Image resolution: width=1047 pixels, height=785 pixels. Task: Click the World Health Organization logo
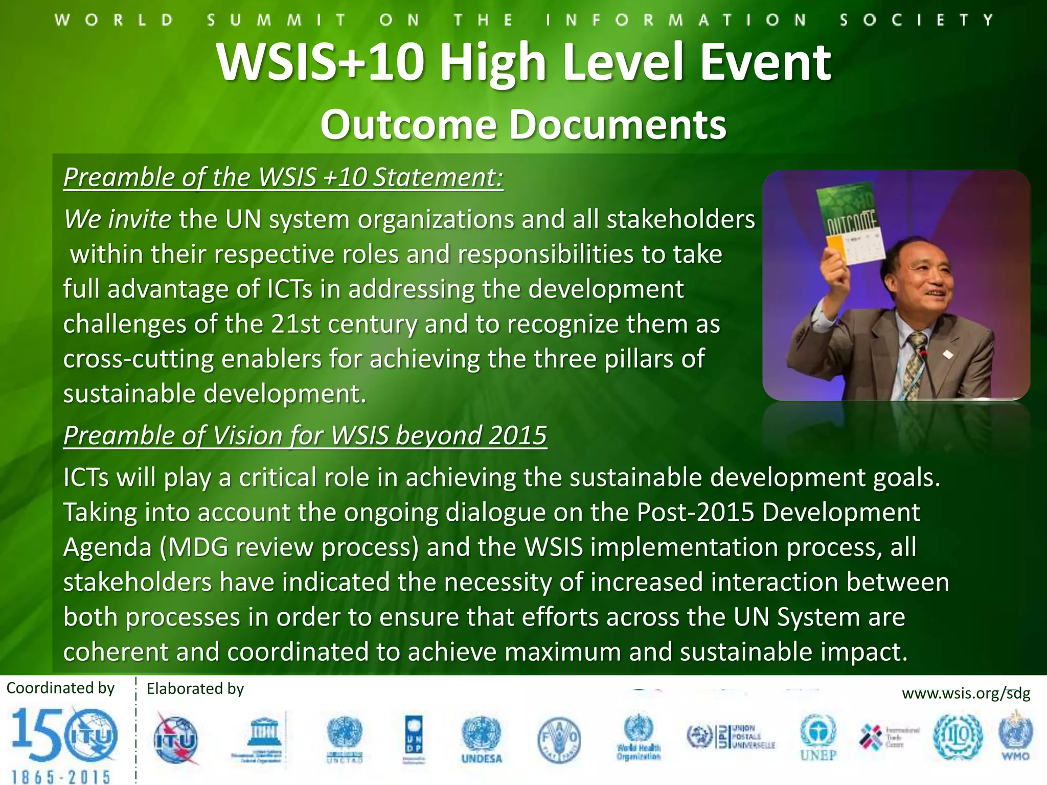coord(639,737)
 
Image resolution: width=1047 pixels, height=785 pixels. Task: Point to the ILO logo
coord(958,737)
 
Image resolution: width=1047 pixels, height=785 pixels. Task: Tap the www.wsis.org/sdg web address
coord(966,694)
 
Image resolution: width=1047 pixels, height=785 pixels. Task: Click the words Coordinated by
coord(60,688)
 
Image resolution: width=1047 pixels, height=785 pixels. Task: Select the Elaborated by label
coord(195,689)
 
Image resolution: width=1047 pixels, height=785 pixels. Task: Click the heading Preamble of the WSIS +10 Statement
coord(283,177)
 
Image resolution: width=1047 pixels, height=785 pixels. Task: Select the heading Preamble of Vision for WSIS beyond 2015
coord(305,435)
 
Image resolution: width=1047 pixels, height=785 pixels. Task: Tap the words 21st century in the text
coord(344,324)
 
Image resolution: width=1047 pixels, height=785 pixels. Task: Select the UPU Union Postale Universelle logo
coord(731,737)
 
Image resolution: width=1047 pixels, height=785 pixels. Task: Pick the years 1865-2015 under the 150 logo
coord(61,776)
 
